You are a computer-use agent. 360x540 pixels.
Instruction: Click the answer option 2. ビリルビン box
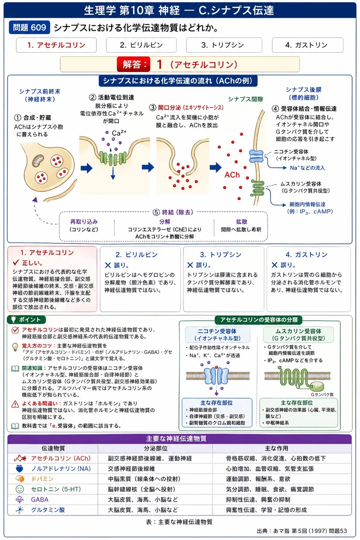coord(141,45)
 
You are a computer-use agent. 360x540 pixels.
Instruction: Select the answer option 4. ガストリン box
coord(307,45)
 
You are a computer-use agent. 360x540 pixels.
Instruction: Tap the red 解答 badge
coord(134,65)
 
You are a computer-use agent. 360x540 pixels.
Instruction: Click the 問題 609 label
coord(30,27)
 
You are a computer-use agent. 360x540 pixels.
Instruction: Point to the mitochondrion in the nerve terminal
coord(38,161)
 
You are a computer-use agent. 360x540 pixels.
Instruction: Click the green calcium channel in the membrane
coord(113,158)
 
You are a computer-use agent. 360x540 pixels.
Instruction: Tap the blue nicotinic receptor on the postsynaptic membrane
coord(256,156)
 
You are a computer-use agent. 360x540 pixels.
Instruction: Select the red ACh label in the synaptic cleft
coord(232,175)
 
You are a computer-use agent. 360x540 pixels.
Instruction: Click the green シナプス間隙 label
coord(246,99)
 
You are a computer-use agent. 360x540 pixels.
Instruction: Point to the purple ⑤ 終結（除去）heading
coord(173,212)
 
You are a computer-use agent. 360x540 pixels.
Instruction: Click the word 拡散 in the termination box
coord(241,221)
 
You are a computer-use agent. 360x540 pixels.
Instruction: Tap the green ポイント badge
coord(27,320)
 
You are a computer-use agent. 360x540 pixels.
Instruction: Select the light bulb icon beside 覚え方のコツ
coord(15,347)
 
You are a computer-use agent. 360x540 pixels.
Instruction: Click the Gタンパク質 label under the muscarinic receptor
coord(322,394)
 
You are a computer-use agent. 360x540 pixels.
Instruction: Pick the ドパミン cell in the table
coord(42,479)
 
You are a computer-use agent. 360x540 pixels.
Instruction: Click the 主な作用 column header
coord(276,448)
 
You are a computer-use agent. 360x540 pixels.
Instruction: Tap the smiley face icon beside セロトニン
coord(19,489)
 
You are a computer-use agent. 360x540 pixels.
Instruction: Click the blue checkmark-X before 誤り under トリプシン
coord(190,265)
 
